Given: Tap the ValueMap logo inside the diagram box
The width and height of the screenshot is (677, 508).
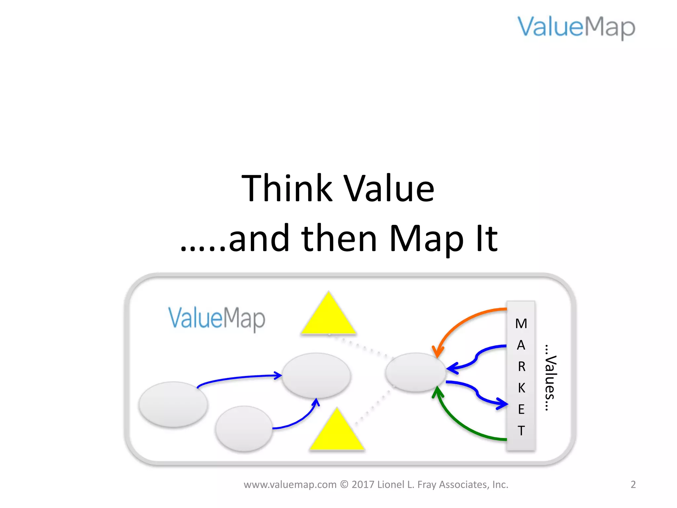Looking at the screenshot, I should (x=217, y=318).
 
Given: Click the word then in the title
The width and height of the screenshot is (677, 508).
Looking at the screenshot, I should (x=339, y=238).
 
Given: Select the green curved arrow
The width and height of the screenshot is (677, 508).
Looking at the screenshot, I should (x=463, y=427).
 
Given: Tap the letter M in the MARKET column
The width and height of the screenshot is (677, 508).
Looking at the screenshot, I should (x=521, y=323).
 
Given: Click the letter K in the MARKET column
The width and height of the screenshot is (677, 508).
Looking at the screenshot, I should (x=521, y=388).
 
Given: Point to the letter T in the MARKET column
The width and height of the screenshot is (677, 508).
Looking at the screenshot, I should (x=521, y=431).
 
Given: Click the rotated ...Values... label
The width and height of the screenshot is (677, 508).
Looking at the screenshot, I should (x=550, y=377).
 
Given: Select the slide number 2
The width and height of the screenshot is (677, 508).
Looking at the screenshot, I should (x=633, y=485).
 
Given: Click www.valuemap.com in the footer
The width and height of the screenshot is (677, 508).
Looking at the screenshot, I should (x=290, y=485).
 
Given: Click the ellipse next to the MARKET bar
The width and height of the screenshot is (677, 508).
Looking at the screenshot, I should (x=416, y=372).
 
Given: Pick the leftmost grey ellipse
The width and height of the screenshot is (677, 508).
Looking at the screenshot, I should (x=173, y=404).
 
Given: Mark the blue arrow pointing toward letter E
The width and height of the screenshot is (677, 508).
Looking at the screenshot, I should (x=478, y=394).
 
